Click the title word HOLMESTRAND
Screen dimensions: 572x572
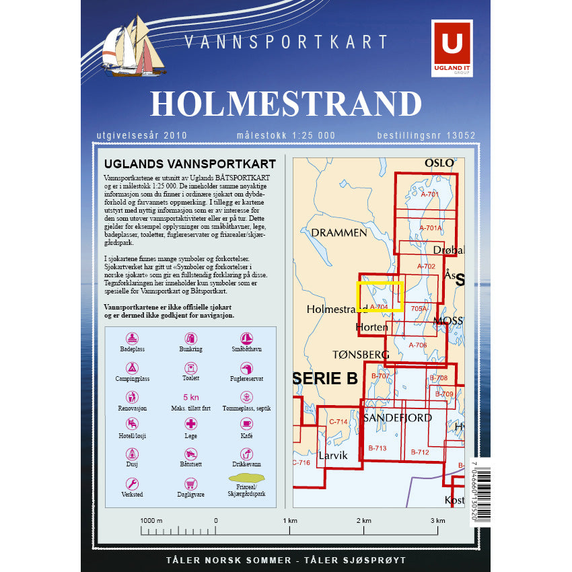tap(286, 103)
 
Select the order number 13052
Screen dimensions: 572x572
tap(461, 136)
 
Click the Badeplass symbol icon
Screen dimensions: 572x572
tap(133, 338)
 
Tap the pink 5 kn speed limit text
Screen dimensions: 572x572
tap(191, 398)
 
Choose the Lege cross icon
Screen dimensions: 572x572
tap(191, 424)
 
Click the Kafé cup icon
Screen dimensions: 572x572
tap(247, 424)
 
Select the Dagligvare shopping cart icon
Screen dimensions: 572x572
tap(191, 484)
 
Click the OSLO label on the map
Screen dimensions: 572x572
tap(439, 163)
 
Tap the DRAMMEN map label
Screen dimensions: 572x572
tap(339, 233)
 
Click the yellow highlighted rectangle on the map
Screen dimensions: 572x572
tap(379, 296)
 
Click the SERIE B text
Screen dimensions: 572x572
tap(326, 379)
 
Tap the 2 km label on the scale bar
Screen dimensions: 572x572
tap(363, 521)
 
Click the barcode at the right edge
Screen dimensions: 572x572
tap(482, 495)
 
